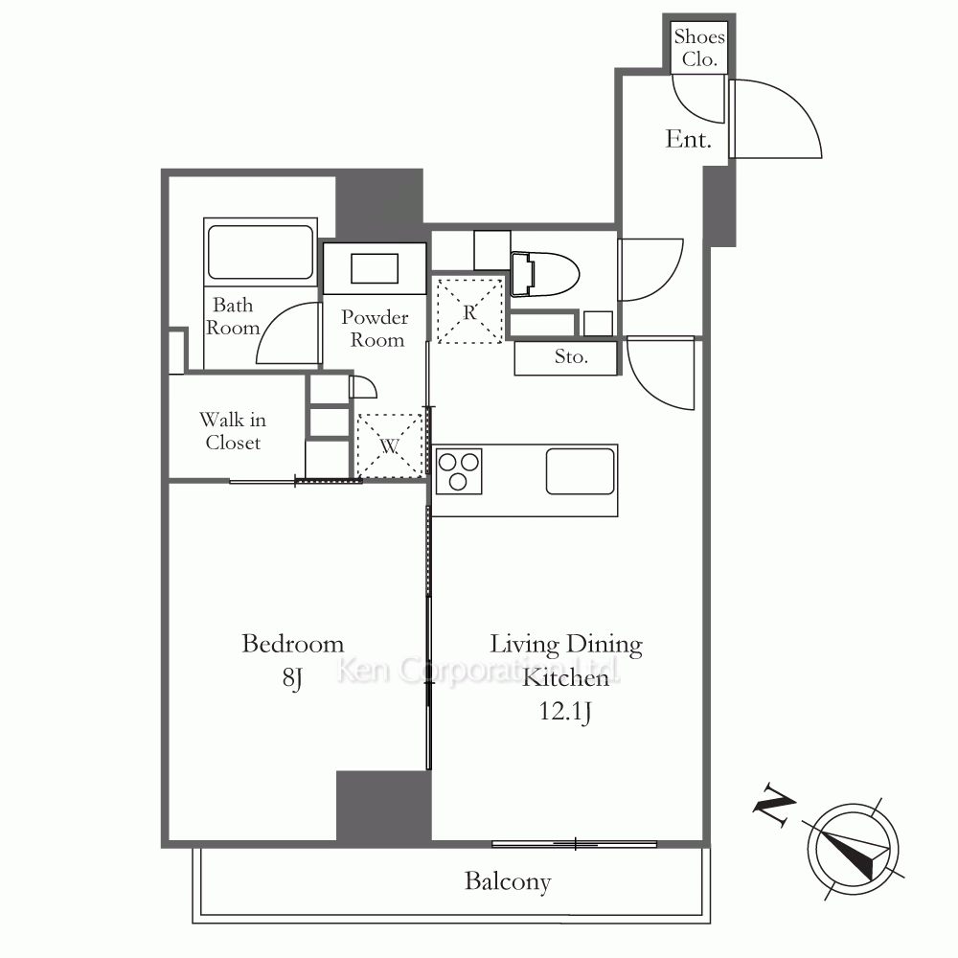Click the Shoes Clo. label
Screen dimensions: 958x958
click(x=699, y=48)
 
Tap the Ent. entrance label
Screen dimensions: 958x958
click(x=688, y=139)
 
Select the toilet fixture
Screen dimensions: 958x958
click(x=544, y=274)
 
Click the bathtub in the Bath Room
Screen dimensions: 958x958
click(x=261, y=252)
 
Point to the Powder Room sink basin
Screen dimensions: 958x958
click(x=375, y=268)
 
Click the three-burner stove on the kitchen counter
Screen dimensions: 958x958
click(x=459, y=471)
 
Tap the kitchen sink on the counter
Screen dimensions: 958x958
click(x=581, y=471)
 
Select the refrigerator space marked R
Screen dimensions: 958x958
click(x=468, y=311)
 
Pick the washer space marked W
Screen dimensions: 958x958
click(x=389, y=445)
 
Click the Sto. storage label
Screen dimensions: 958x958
click(x=571, y=356)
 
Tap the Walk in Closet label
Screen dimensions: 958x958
click(x=233, y=431)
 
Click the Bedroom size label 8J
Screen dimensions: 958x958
click(x=292, y=677)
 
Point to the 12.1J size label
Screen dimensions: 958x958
click(x=565, y=712)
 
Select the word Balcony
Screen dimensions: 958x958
click(x=508, y=881)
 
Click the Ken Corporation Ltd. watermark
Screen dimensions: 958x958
click(x=478, y=671)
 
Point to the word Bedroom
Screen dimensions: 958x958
click(x=292, y=644)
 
